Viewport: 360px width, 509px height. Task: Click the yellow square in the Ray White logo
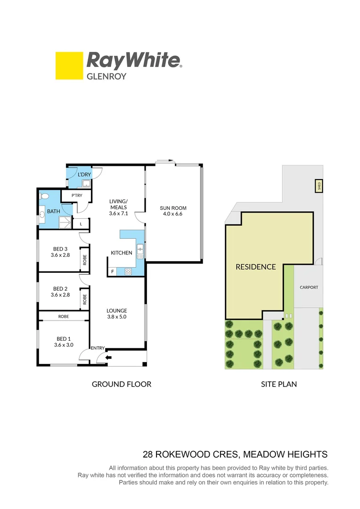click(x=69, y=66)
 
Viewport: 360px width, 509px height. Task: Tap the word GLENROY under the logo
click(x=106, y=76)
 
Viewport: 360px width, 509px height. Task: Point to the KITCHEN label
click(x=122, y=253)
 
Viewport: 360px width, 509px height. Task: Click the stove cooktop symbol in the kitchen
click(x=128, y=271)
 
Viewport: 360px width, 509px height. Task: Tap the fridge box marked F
click(x=112, y=271)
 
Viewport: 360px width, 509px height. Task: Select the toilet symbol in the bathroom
click(x=44, y=196)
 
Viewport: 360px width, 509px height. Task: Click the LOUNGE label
click(x=117, y=311)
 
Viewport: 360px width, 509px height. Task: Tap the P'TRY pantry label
click(x=76, y=196)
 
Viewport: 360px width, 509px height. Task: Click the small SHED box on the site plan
click(x=319, y=187)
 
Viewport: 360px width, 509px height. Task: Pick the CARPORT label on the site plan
click(x=309, y=287)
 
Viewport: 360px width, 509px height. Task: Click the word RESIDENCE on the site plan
click(x=256, y=267)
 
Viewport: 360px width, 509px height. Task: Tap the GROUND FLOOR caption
click(x=122, y=384)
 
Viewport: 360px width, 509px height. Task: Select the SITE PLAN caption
click(x=279, y=384)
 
